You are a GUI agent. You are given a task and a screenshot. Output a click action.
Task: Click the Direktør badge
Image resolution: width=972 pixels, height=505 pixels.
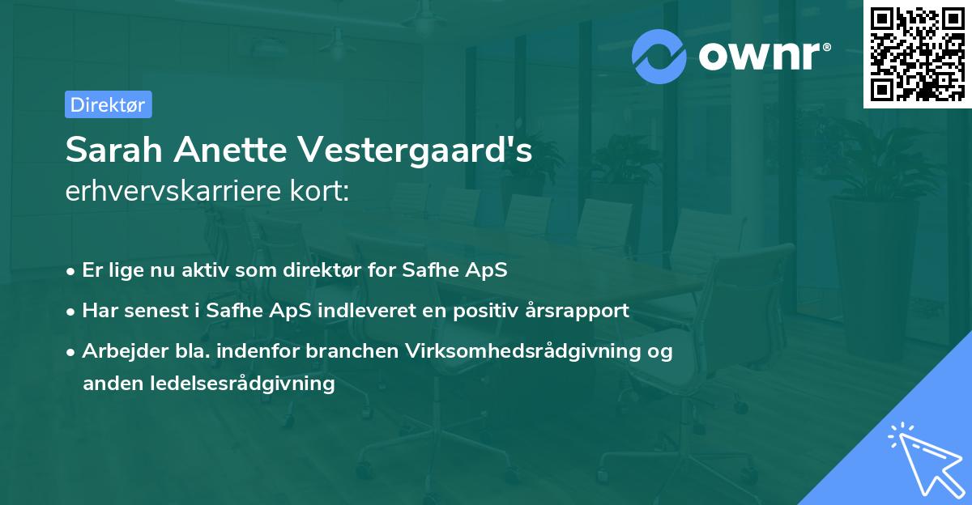click(x=108, y=104)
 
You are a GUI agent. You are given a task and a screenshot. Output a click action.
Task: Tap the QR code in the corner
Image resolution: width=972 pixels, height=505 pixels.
click(x=917, y=53)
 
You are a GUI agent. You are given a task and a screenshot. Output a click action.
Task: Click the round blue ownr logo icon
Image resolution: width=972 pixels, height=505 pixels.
click(x=659, y=56)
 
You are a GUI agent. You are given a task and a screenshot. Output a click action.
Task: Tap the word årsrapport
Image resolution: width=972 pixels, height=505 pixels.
click(x=578, y=310)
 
